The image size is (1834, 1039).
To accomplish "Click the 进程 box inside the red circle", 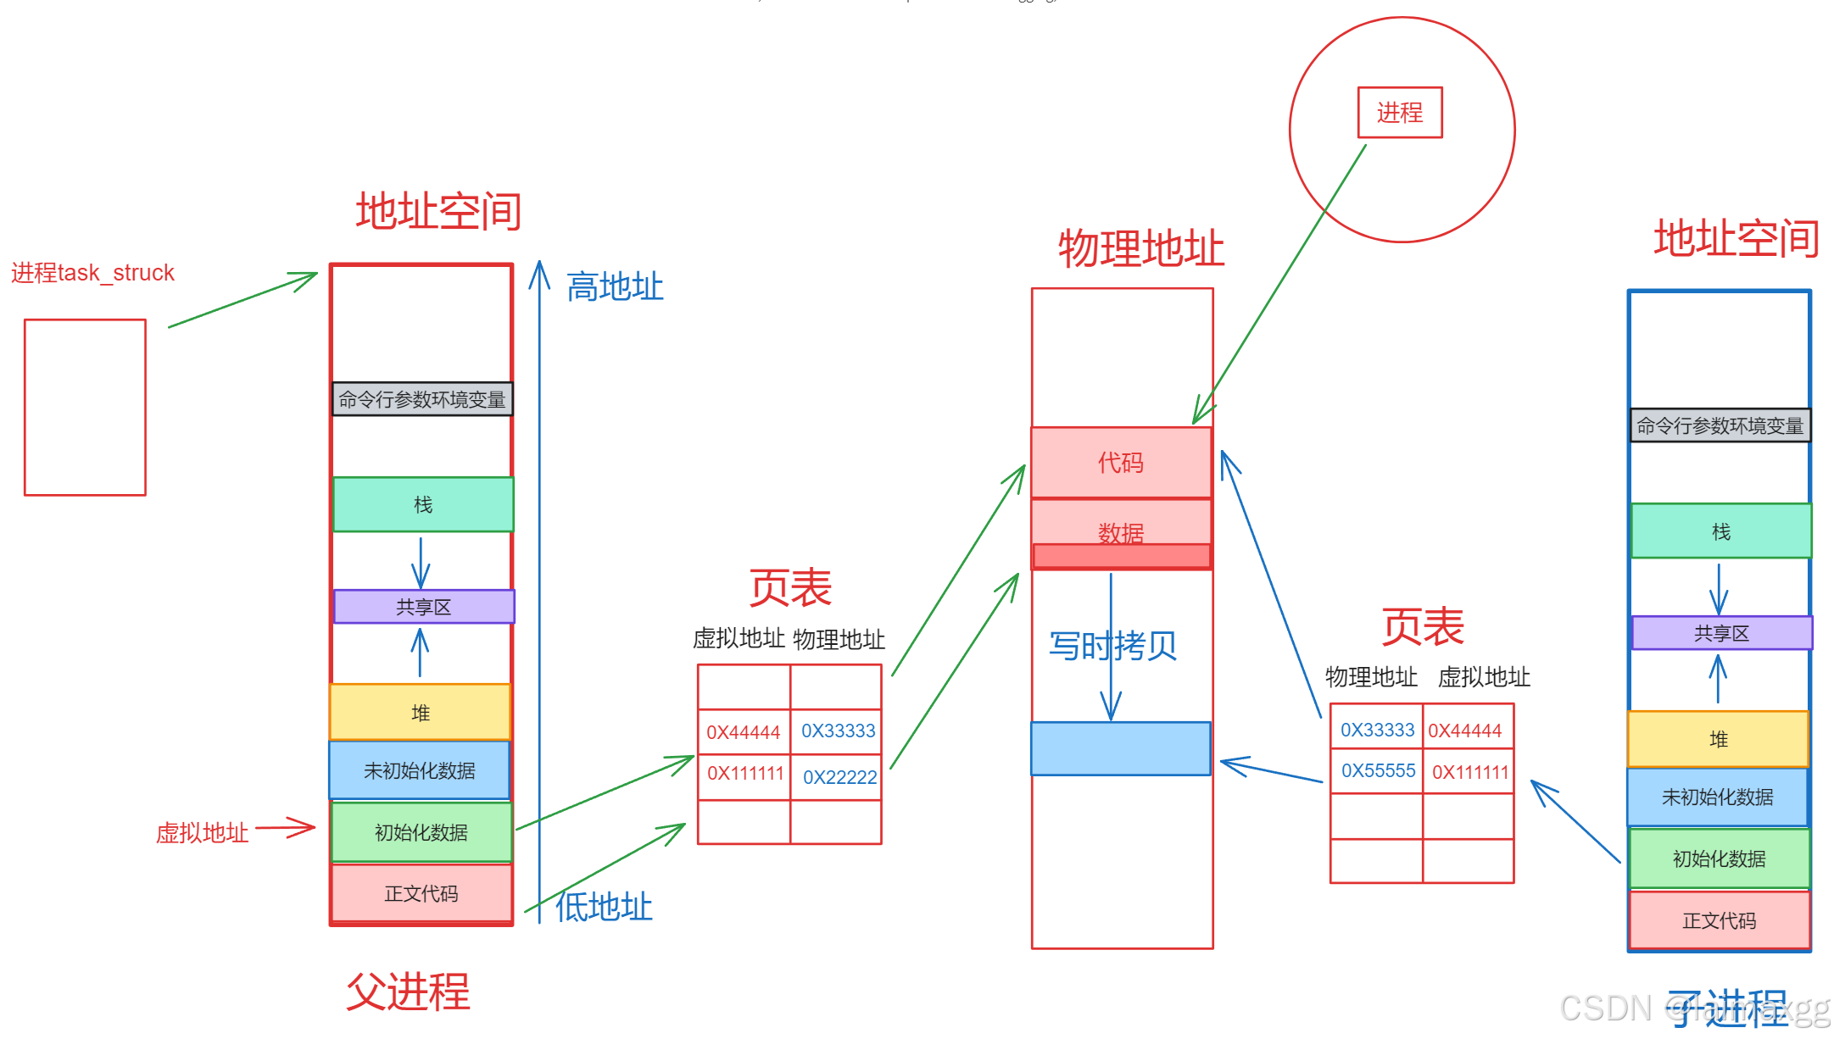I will (x=1399, y=113).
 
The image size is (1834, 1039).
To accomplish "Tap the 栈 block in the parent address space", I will (x=423, y=505).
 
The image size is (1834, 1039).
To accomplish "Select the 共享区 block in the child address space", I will (x=1720, y=633).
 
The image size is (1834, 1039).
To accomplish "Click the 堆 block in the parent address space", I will (x=421, y=713).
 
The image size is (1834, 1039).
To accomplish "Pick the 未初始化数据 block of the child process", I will (x=1717, y=797).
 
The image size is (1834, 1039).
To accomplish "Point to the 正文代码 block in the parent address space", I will (x=421, y=893).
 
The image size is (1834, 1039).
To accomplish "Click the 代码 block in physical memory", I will (x=1120, y=463).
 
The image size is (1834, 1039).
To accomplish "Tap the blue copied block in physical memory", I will (x=1120, y=748).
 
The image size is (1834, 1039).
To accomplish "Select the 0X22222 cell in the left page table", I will (x=839, y=777).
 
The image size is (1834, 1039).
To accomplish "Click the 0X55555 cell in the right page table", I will (x=1378, y=771).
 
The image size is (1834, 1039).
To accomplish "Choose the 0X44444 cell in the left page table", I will (x=743, y=732).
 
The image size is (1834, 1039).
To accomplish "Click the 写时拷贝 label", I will (x=1112, y=646).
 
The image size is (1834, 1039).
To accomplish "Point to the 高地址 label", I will (x=615, y=287).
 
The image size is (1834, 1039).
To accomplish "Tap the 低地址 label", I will (x=604, y=907).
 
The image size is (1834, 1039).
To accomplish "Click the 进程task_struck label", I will (x=92, y=273).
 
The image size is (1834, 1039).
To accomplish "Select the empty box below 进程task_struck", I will (x=85, y=408).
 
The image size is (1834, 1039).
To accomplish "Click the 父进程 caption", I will (x=408, y=992).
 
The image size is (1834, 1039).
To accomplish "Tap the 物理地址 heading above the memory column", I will (x=1140, y=248).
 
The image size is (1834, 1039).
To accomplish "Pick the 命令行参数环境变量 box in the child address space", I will (x=1720, y=425).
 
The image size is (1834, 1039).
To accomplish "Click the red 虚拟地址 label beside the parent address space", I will (x=202, y=833).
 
